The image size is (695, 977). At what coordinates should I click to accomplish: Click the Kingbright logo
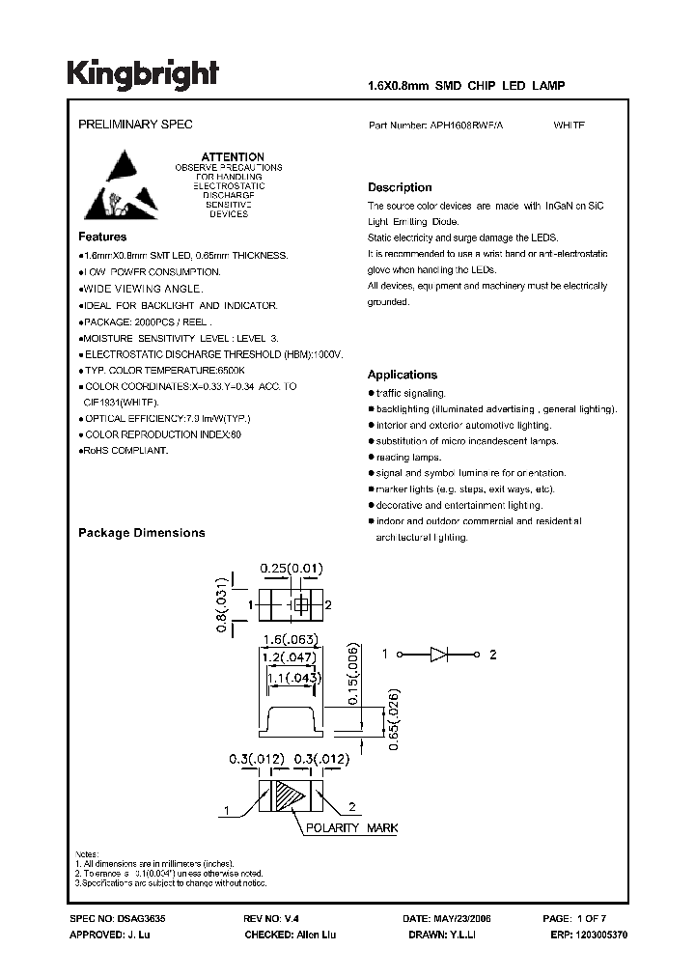click(x=143, y=73)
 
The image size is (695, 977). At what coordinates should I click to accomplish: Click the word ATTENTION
click(x=232, y=156)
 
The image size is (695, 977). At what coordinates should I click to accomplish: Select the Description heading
click(x=400, y=187)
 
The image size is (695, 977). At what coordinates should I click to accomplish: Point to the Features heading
click(x=101, y=237)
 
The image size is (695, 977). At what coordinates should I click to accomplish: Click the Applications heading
click(x=403, y=375)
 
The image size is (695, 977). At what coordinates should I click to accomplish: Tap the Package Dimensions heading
click(x=141, y=533)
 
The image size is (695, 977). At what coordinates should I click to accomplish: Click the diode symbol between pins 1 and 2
click(x=439, y=655)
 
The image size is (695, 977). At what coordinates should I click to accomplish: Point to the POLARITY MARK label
click(x=352, y=828)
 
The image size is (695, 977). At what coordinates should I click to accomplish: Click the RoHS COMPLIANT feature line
click(x=125, y=450)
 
